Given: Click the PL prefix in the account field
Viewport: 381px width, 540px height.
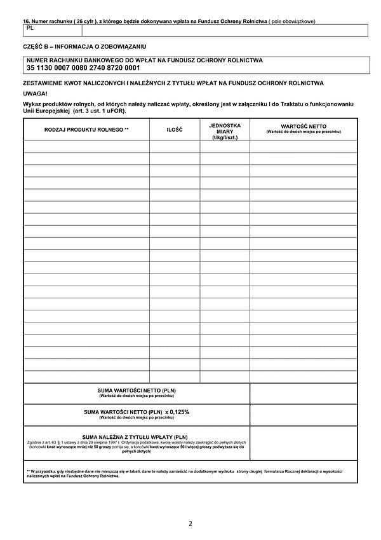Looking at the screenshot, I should click(30, 29).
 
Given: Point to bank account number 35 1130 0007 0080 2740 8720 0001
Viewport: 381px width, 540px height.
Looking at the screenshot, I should click(83, 67).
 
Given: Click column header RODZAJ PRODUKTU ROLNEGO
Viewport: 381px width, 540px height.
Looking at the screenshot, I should click(86, 130).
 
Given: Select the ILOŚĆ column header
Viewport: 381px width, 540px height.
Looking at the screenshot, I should click(174, 130).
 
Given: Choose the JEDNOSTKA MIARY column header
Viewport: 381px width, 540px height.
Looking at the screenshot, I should click(224, 132).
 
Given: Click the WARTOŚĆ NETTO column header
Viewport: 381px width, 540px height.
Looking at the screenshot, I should click(303, 128).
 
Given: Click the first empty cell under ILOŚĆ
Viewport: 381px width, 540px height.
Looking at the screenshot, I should click(174, 146).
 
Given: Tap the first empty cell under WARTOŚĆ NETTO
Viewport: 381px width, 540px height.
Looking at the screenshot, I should click(303, 146).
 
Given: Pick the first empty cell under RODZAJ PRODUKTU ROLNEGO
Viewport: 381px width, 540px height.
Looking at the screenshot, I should click(86, 146).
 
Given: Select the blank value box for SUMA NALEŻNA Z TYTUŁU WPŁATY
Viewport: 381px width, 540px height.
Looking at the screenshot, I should click(303, 443).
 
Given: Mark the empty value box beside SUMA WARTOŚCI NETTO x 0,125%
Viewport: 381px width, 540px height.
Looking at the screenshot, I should click(303, 415).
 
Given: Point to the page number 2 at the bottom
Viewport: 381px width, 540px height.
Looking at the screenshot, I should click(190, 523).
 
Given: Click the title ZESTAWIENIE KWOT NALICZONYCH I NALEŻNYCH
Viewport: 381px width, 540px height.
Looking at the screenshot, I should click(173, 83).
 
